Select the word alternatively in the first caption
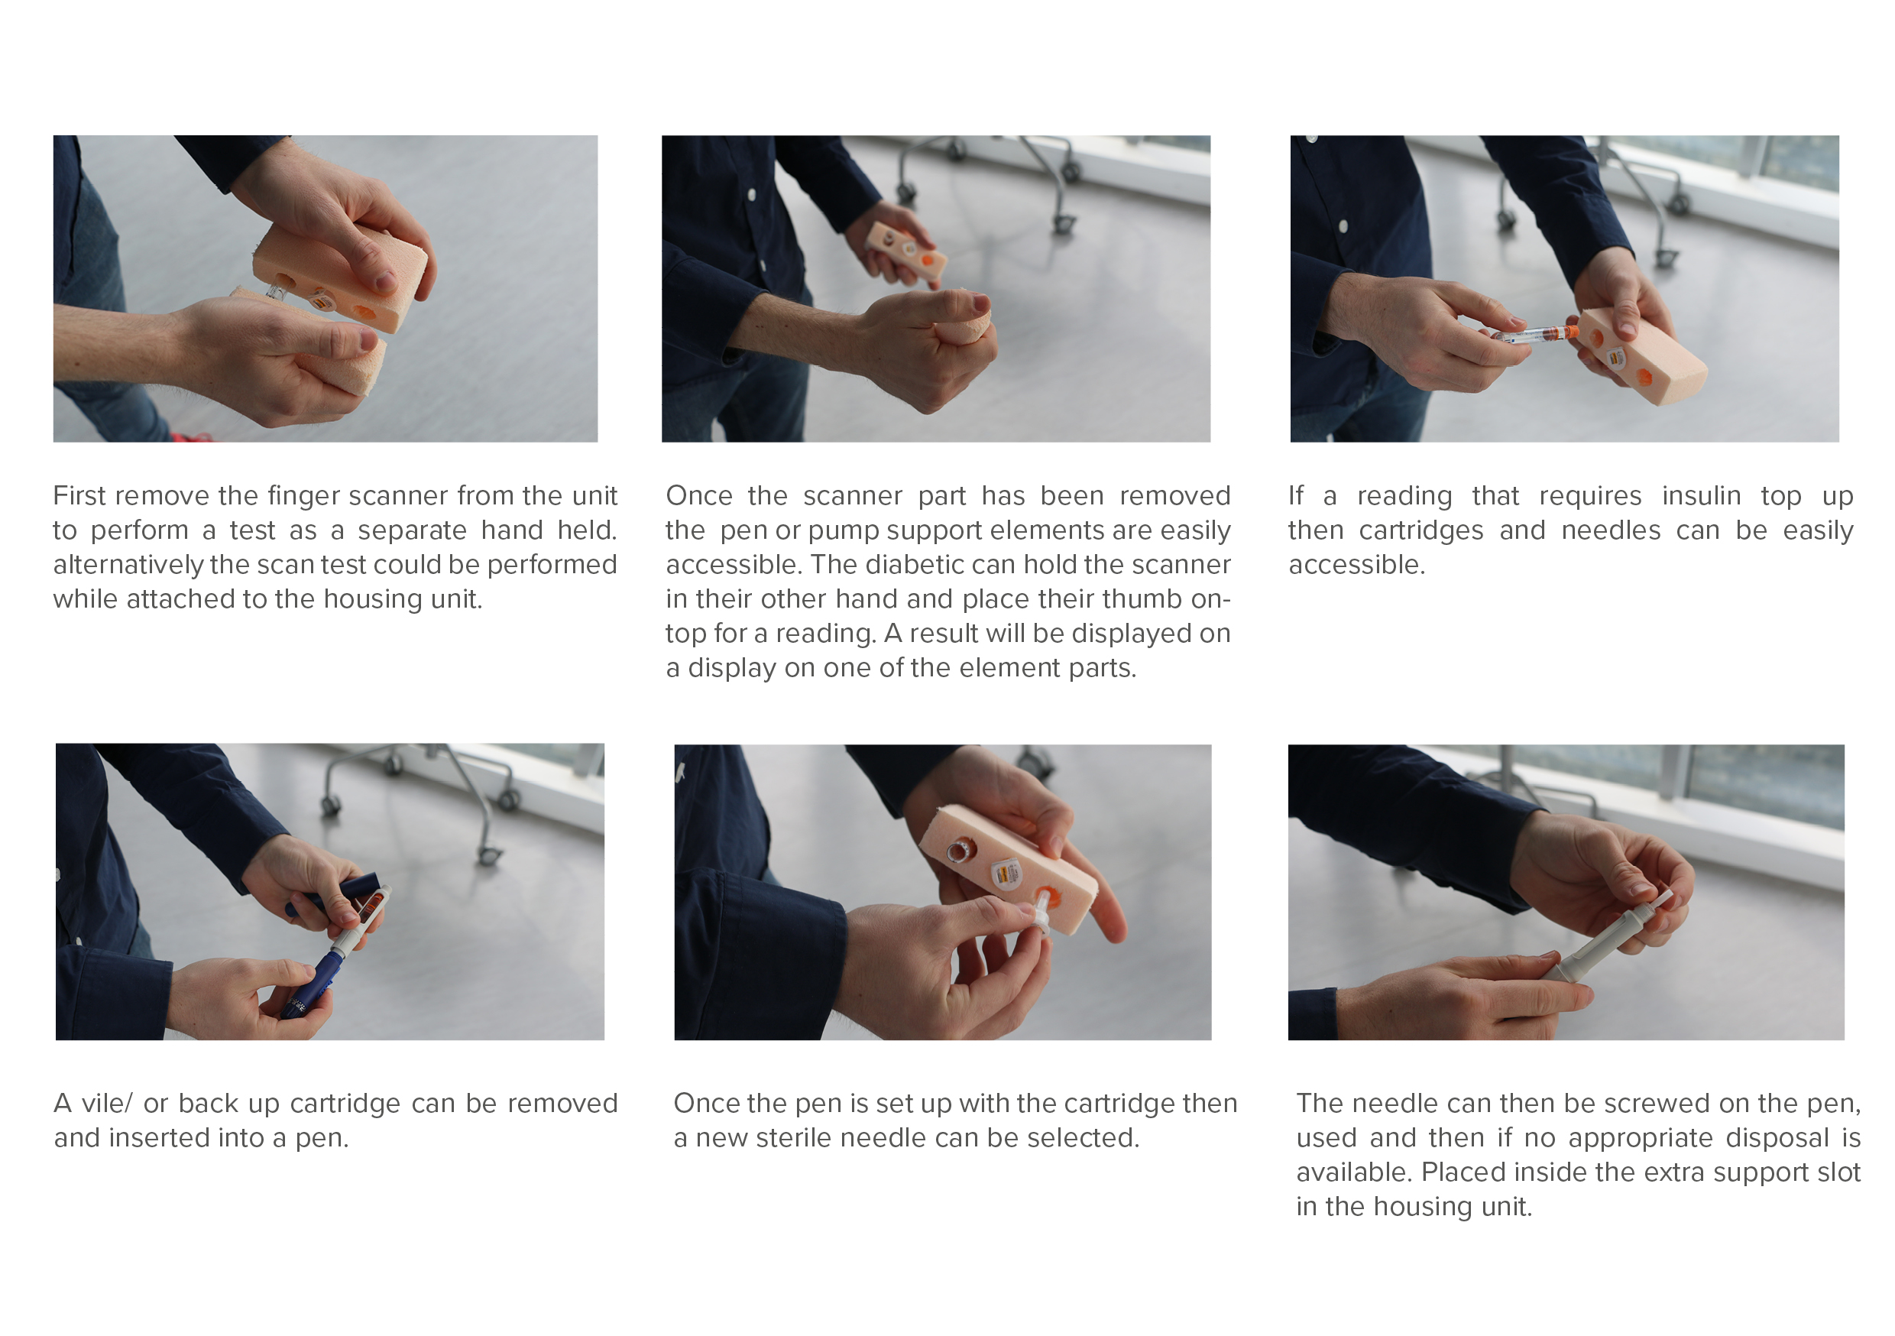point(127,565)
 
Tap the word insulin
point(1701,495)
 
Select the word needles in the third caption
point(1610,530)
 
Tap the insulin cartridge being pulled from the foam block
point(1534,335)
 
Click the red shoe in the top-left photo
point(191,437)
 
